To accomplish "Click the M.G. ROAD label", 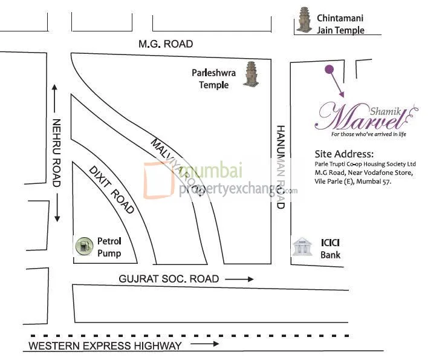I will (165, 44).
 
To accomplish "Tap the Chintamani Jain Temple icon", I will (304, 20).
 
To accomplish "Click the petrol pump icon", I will (83, 246).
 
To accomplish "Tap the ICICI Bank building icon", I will (302, 247).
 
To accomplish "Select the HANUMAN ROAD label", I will (280, 168).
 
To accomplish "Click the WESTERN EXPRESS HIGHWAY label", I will (105, 346).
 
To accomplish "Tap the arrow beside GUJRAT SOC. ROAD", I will (241, 279).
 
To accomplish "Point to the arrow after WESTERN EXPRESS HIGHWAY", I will (207, 345).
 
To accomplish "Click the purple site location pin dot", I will (330, 70).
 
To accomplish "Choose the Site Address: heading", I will (344, 154).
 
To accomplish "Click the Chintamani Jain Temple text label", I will (340, 24).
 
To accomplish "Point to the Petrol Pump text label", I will (109, 247).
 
